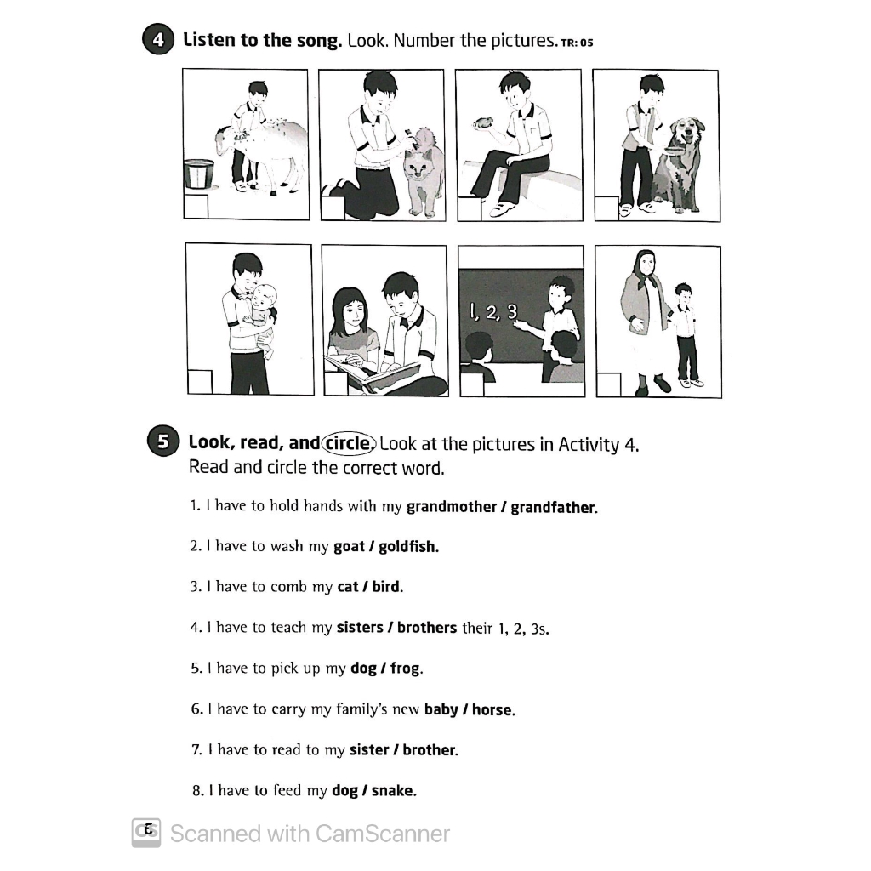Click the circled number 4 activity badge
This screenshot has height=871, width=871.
tap(157, 41)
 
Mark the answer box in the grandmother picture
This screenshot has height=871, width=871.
tap(609, 384)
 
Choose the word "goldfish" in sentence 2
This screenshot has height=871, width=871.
tap(408, 547)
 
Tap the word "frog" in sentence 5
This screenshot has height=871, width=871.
tap(406, 669)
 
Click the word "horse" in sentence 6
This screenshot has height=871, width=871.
tap(493, 709)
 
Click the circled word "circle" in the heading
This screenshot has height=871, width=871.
tap(347, 442)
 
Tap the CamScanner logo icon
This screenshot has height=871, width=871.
tap(146, 833)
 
